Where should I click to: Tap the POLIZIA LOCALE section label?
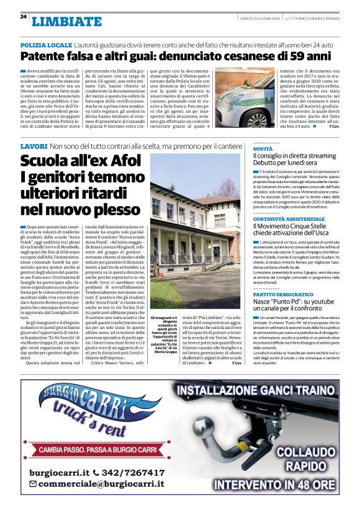coord(46,47)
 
